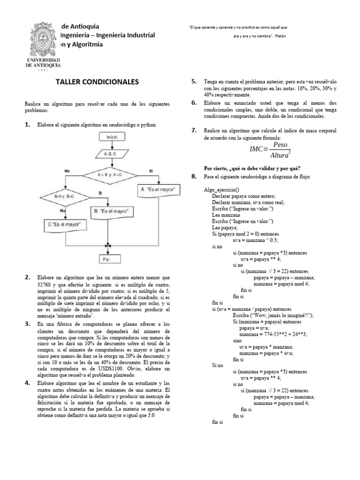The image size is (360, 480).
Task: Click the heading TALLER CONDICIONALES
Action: pos(97,82)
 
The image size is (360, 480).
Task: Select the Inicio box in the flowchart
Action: pos(112,137)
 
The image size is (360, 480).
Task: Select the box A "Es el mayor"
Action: pos(157,190)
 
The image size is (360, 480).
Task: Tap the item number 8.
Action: pos(194,176)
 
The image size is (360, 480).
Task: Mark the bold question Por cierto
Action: pos(252,168)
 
